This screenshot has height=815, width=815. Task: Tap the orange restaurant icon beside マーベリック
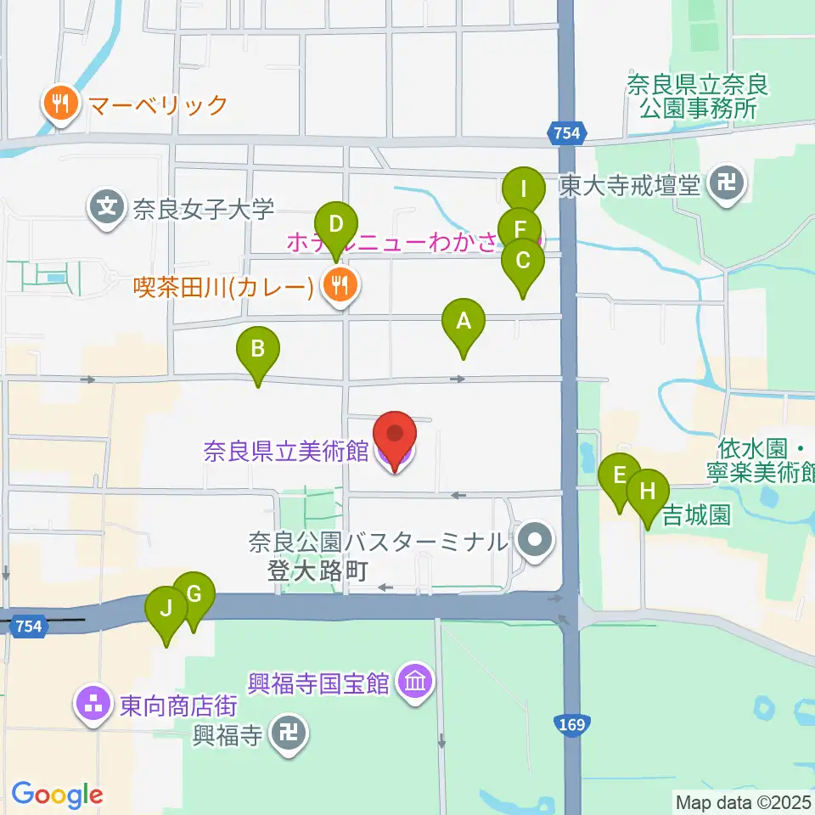tap(59, 105)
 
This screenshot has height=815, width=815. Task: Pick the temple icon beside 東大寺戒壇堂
tap(728, 183)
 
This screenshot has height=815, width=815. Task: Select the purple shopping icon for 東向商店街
tap(93, 704)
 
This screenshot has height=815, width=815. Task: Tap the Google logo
tap(57, 795)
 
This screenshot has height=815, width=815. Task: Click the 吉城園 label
tap(696, 515)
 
